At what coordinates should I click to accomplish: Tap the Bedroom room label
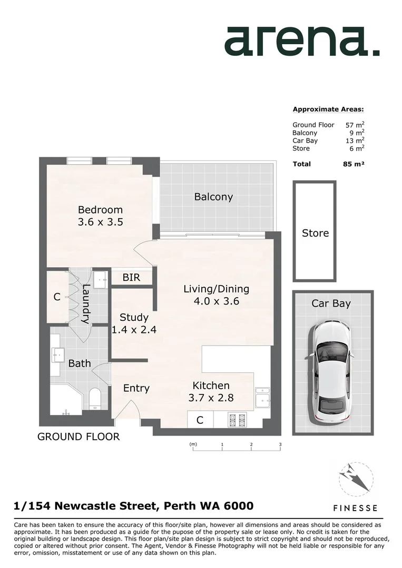(x=100, y=210)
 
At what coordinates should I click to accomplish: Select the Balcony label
(x=213, y=197)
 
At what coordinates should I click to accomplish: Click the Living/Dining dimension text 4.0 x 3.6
(x=216, y=301)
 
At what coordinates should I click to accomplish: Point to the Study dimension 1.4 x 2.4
(x=134, y=330)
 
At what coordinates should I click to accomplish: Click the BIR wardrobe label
(x=131, y=277)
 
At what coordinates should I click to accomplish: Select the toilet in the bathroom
(x=95, y=398)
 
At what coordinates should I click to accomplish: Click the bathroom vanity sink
(x=57, y=356)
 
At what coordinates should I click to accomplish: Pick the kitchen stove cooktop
(x=237, y=420)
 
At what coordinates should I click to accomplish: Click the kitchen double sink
(x=262, y=398)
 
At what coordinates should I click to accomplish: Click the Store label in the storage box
(x=315, y=233)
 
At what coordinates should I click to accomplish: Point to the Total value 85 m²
(x=353, y=164)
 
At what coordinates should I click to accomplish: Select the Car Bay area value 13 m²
(x=355, y=141)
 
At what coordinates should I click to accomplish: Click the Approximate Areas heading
(x=328, y=109)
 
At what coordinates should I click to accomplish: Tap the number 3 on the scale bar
(x=280, y=444)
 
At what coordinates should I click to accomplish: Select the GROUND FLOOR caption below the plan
(x=79, y=437)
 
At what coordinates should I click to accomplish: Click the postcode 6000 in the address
(x=239, y=506)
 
